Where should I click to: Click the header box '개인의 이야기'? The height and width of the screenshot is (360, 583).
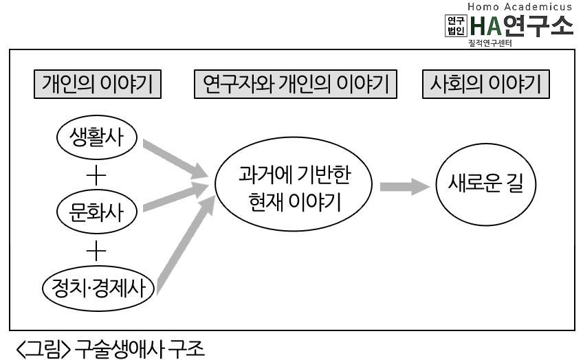tap(98, 84)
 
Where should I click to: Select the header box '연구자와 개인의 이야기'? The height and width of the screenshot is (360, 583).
tap(296, 84)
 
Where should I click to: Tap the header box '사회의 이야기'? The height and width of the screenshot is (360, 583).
tap(486, 84)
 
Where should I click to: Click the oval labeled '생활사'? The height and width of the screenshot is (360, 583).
tap(97, 137)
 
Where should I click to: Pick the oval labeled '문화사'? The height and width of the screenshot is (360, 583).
tap(97, 212)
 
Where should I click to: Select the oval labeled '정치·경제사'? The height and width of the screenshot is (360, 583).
tap(98, 289)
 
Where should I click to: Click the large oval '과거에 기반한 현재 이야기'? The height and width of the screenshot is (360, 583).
tap(294, 184)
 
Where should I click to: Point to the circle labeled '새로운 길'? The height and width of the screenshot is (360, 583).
tap(486, 184)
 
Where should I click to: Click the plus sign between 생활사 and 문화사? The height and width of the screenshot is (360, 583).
tap(96, 175)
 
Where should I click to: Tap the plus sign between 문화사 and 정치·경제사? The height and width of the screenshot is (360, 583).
tap(96, 251)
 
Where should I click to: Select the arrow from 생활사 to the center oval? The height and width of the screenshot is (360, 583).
tap(175, 159)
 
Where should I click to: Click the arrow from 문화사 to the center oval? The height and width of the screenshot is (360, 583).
tap(175, 196)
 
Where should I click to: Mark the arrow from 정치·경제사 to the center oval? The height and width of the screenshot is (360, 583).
tap(186, 245)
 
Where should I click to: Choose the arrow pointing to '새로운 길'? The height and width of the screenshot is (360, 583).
tap(404, 186)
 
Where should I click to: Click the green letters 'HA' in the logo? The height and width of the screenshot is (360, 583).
tap(485, 26)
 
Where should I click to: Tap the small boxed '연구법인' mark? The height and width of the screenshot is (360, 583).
tap(456, 25)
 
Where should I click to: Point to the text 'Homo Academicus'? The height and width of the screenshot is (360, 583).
tap(520, 7)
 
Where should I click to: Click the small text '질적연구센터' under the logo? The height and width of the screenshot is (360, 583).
tap(490, 43)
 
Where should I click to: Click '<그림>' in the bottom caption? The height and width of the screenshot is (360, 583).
tap(43, 348)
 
